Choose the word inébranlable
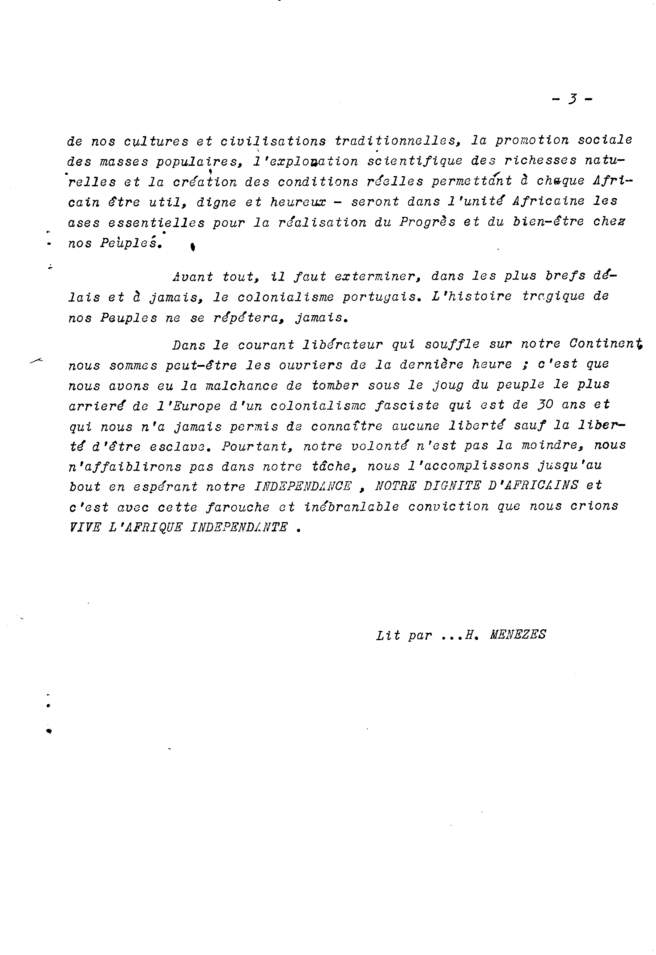(x=352, y=507)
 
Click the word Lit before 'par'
(x=388, y=635)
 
